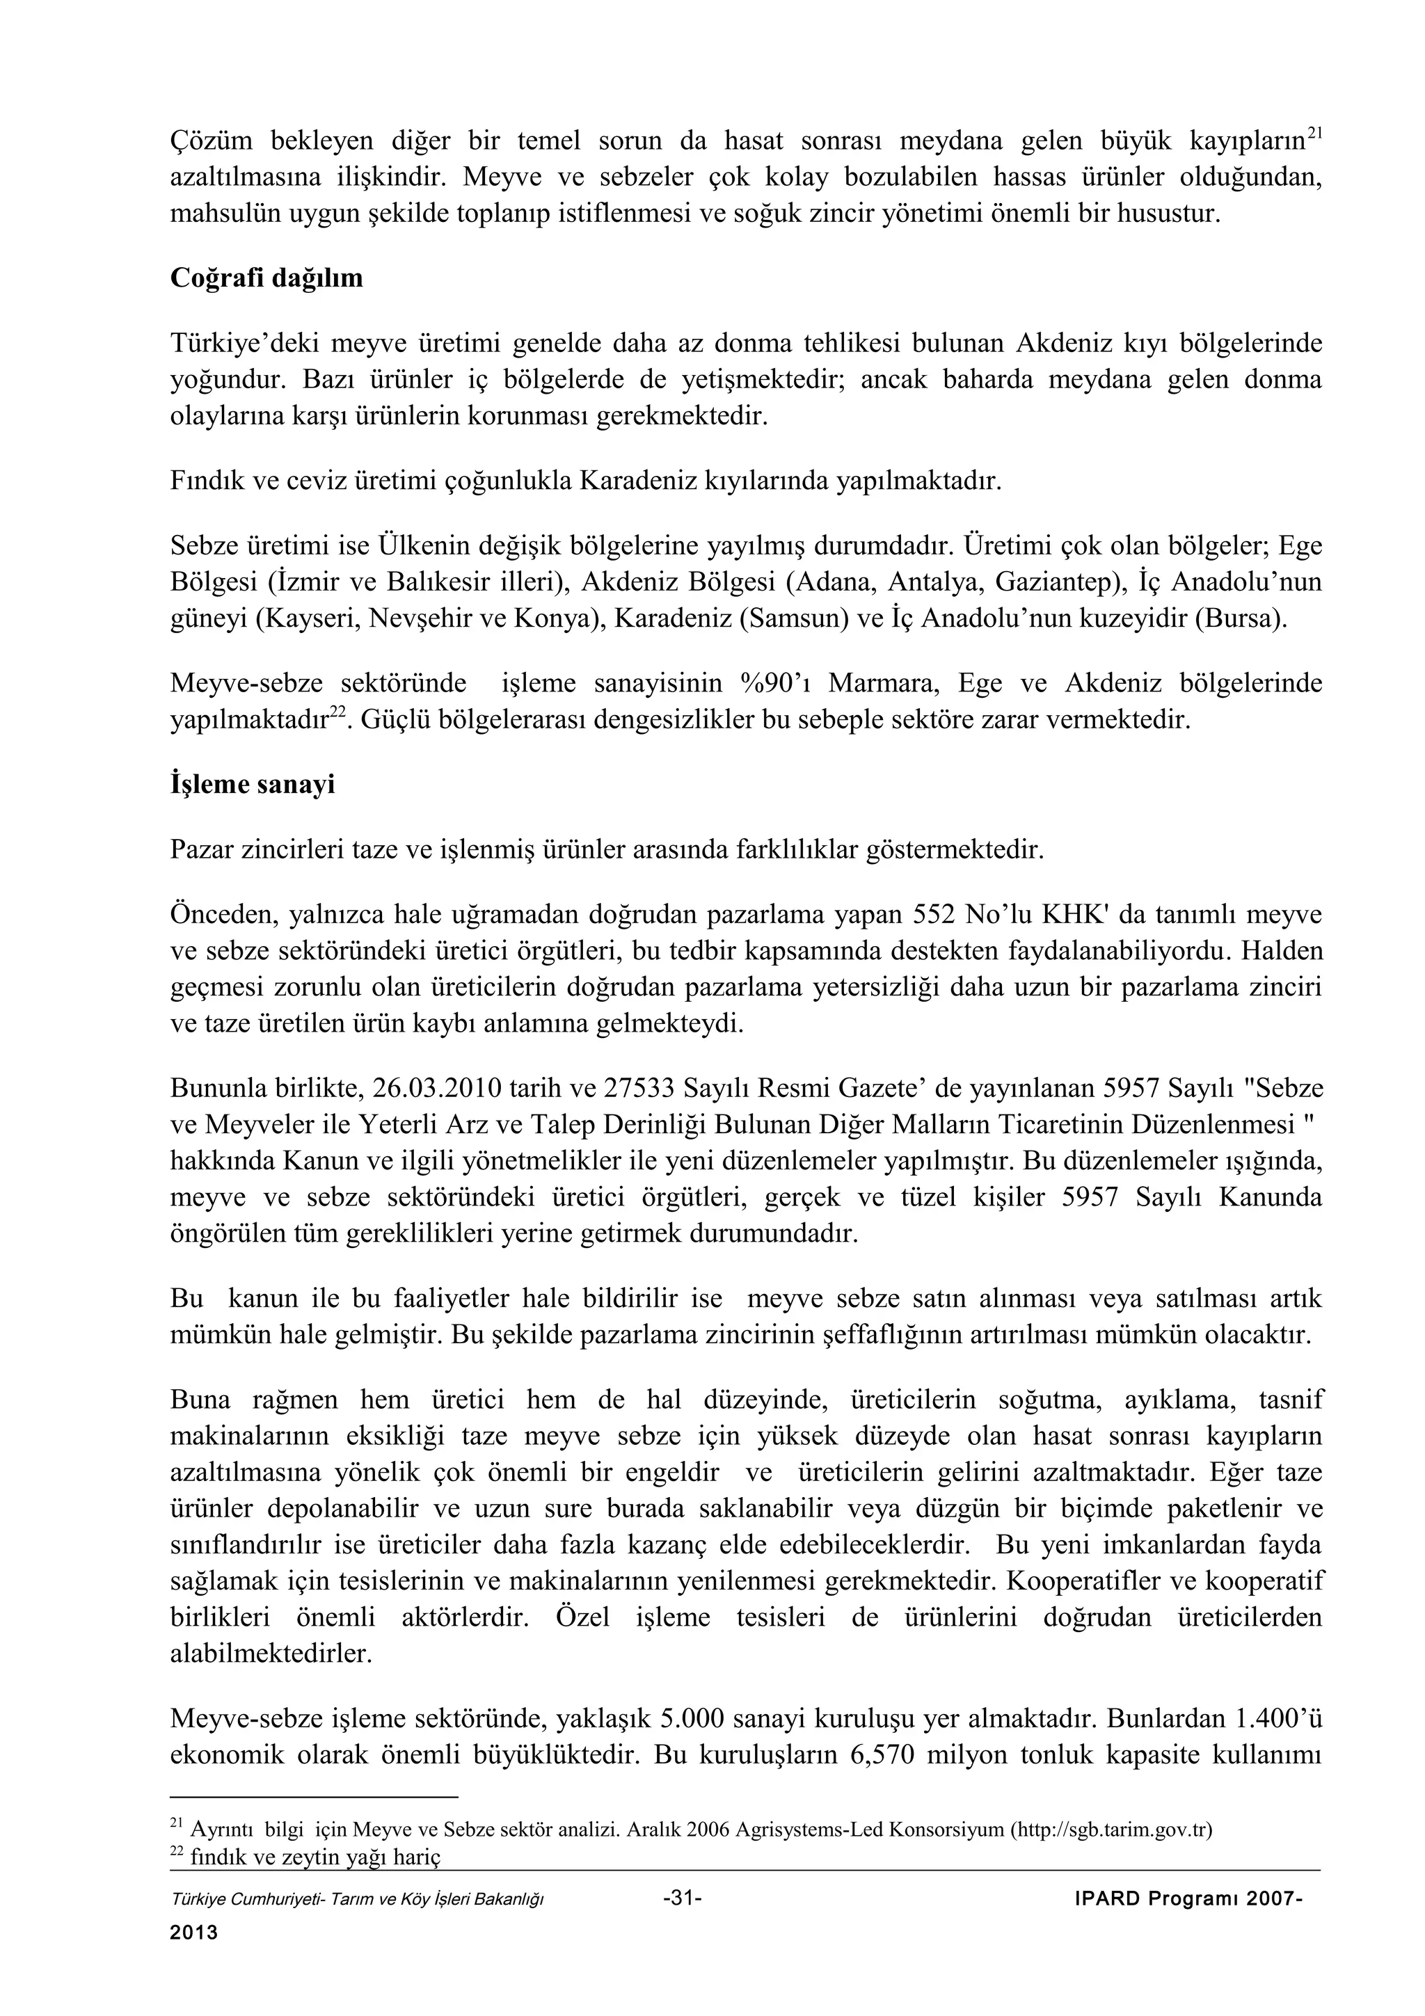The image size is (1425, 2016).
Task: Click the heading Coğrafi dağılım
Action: (266, 278)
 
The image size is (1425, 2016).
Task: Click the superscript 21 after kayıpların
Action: (1314, 134)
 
